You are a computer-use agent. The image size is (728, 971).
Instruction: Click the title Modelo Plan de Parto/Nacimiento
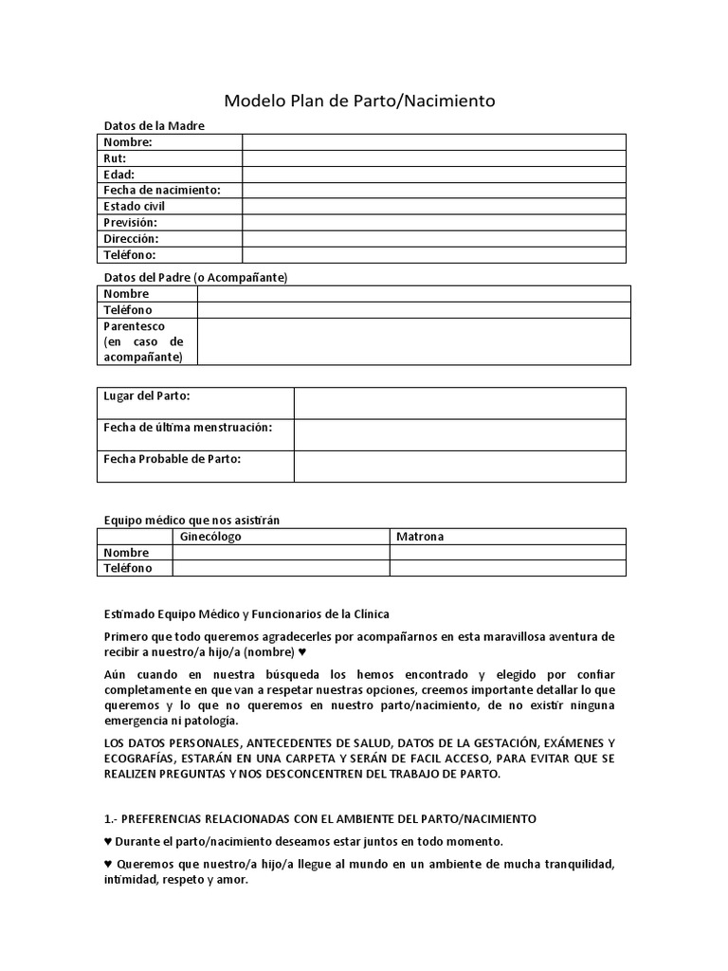tap(358, 101)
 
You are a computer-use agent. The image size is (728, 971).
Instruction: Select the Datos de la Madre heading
tap(154, 126)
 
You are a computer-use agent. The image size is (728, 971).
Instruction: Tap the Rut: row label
tap(115, 158)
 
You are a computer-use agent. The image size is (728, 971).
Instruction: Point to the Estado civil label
tap(134, 207)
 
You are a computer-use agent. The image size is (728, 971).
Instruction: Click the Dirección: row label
tap(131, 239)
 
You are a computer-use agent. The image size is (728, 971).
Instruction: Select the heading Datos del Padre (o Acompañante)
tap(194, 277)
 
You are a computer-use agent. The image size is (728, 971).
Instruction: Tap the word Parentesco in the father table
tap(134, 325)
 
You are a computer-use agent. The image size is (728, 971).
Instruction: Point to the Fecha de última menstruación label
tap(188, 428)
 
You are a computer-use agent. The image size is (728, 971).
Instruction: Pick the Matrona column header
tap(420, 537)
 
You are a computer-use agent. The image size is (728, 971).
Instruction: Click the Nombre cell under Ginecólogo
tap(281, 553)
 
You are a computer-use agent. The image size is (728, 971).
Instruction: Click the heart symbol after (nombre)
tap(302, 653)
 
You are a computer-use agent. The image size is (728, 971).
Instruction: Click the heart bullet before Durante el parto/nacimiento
tap(107, 842)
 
